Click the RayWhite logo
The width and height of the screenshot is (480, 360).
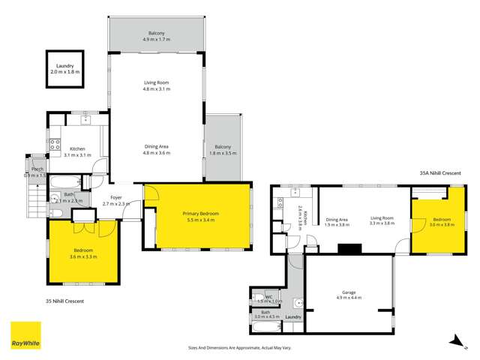pyautogui.click(x=25, y=335)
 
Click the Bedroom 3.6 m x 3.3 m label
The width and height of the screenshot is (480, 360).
pyautogui.click(x=83, y=253)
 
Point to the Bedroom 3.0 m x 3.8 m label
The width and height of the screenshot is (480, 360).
pyautogui.click(x=442, y=221)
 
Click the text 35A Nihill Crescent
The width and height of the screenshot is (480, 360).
pyautogui.click(x=440, y=173)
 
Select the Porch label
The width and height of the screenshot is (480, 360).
pyautogui.click(x=37, y=172)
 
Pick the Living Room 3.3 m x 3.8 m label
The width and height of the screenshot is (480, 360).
pyautogui.click(x=382, y=221)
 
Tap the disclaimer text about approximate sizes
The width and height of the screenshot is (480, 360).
pyautogui.click(x=240, y=348)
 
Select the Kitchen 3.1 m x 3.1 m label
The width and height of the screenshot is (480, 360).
pyautogui.click(x=74, y=151)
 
